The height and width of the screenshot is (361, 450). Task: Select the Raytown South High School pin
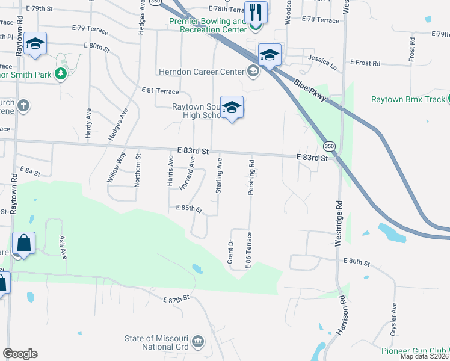[x=232, y=107]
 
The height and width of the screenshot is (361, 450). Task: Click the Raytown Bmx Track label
[x=408, y=99]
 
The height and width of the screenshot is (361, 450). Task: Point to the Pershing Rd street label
[x=252, y=173]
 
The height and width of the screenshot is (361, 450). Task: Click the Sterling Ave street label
[x=220, y=175]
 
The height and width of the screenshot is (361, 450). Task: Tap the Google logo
[x=20, y=354]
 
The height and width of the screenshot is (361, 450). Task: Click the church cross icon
[x=23, y=106]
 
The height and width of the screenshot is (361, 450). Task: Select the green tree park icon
[x=60, y=74]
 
